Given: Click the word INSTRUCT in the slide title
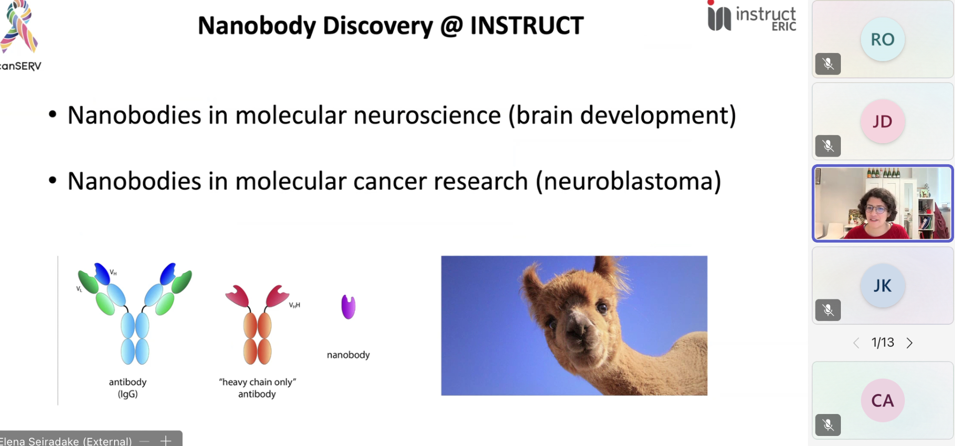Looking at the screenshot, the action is click(527, 25).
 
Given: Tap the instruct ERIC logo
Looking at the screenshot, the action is click(752, 17).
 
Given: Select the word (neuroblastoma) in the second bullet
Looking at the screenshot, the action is click(628, 181).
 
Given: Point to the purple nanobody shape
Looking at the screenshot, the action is click(349, 307).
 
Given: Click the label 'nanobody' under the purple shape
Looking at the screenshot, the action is click(348, 355).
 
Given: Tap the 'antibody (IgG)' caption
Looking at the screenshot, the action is click(127, 388).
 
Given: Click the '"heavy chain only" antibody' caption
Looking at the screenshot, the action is click(257, 388).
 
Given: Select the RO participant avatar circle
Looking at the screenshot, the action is click(882, 39).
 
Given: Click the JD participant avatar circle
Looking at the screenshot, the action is click(882, 121).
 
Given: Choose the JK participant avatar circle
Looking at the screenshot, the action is click(882, 286).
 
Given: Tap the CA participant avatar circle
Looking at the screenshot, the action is click(882, 400).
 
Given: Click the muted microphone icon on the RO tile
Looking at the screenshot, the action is click(828, 64).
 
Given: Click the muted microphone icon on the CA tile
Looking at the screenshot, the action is click(828, 425).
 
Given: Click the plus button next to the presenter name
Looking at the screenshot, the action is click(166, 441).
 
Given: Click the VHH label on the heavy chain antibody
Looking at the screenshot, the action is click(295, 305).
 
